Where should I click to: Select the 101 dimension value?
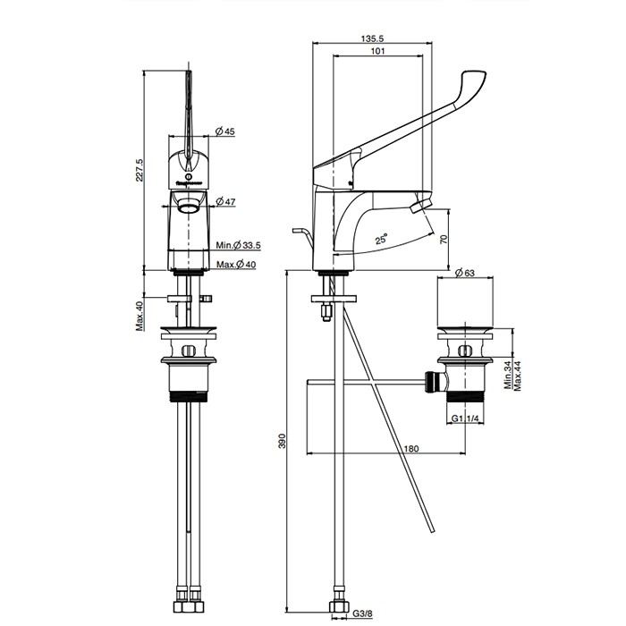click(x=376, y=52)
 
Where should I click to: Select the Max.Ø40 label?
click(x=235, y=264)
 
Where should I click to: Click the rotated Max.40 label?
click(x=140, y=315)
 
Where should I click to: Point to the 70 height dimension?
click(x=444, y=239)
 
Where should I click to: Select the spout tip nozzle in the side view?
click(x=414, y=208)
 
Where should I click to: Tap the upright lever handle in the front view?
click(x=190, y=112)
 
